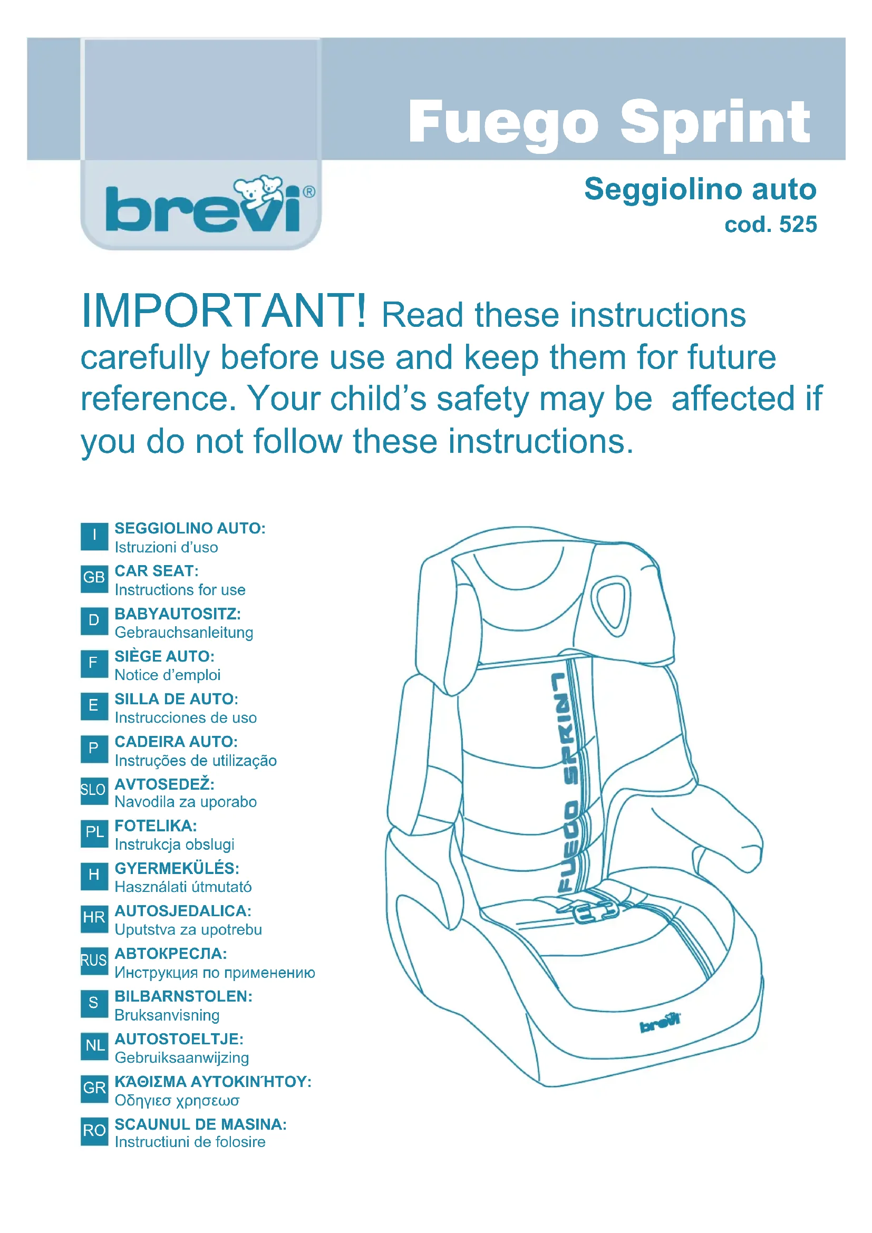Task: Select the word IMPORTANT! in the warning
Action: (224, 311)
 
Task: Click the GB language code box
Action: (94, 578)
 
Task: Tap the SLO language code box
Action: (94, 790)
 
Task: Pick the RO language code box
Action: (94, 1130)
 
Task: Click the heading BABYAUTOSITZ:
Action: (178, 613)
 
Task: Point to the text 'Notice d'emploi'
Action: (168, 675)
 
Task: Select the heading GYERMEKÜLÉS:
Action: (177, 868)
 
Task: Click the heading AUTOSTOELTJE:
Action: (179, 1038)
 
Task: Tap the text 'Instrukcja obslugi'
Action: (175, 844)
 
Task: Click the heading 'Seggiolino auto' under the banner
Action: (700, 189)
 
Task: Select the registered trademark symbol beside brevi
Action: (309, 192)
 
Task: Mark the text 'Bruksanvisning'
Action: (167, 1015)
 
